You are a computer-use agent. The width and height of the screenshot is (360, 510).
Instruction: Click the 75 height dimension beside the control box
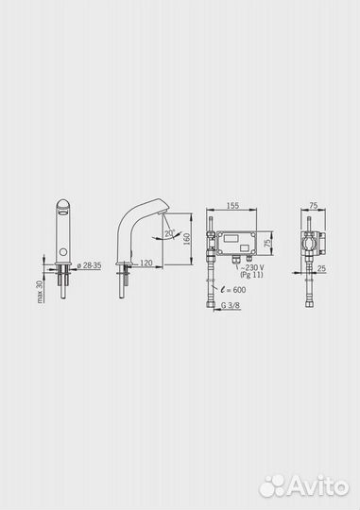pyautogui.click(x=268, y=242)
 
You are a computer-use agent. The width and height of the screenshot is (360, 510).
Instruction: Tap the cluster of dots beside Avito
pyautogui.click(x=273, y=485)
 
